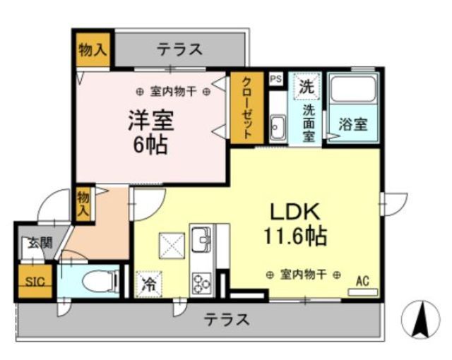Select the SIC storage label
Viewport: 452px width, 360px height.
click(x=35, y=281)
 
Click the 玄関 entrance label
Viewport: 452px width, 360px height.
click(x=40, y=243)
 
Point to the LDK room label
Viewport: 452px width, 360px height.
click(x=296, y=212)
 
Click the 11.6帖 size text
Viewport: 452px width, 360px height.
click(x=296, y=236)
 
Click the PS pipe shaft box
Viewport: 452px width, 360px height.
click(x=276, y=79)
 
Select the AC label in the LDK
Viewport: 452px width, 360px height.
click(x=362, y=280)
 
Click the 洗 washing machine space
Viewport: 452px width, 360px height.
click(x=306, y=88)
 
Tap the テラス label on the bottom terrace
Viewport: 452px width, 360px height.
click(x=227, y=320)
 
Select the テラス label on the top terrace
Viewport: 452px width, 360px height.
click(x=179, y=49)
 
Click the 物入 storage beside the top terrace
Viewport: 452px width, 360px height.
click(x=93, y=49)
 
